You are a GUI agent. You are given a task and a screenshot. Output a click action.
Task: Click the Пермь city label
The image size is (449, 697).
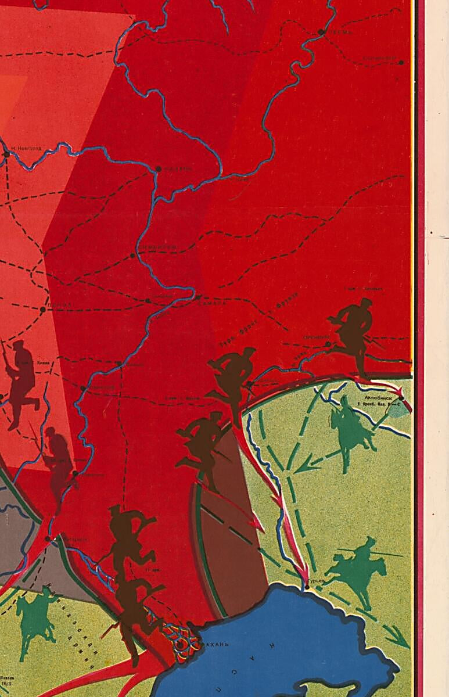click(341, 33)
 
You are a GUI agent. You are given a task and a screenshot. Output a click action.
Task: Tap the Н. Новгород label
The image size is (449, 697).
click(26, 148)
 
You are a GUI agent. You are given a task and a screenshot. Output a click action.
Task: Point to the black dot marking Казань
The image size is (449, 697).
click(158, 169)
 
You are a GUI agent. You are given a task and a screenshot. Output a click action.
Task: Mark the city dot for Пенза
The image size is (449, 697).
click(42, 310)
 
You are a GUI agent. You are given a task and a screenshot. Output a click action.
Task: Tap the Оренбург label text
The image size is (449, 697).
click(317, 337)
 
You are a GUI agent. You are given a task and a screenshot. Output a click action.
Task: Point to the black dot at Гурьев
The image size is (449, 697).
click(307, 588)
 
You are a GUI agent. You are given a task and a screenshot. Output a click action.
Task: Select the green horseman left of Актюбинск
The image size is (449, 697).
click(349, 430)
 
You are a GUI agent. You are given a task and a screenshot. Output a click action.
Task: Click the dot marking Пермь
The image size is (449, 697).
click(321, 32)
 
